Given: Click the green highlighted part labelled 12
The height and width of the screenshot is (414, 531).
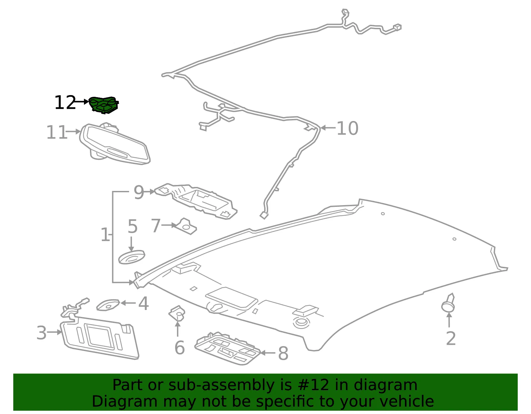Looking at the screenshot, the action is [103, 105].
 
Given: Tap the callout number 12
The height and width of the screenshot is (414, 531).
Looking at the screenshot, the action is [65, 102].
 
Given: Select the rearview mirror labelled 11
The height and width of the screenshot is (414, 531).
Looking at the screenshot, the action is [115, 144].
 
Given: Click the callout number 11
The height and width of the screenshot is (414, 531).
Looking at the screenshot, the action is [56, 132].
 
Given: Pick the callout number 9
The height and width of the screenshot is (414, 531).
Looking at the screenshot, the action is [139, 192].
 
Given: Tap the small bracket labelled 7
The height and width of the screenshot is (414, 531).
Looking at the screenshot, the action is [187, 226].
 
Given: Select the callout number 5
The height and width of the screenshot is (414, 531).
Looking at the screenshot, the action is [132, 226].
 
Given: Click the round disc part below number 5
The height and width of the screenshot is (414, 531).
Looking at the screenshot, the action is [131, 257].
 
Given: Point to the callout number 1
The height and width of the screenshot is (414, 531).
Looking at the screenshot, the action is [105, 235].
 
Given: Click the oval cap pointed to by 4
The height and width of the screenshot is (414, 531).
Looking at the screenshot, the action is [108, 305].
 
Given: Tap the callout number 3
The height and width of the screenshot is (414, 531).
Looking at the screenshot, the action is [41, 332].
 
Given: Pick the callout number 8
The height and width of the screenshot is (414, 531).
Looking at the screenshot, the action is [283, 353].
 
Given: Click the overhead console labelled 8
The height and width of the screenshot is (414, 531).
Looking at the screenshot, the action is [227, 348].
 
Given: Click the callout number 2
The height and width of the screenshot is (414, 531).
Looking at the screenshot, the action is [451, 338].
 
